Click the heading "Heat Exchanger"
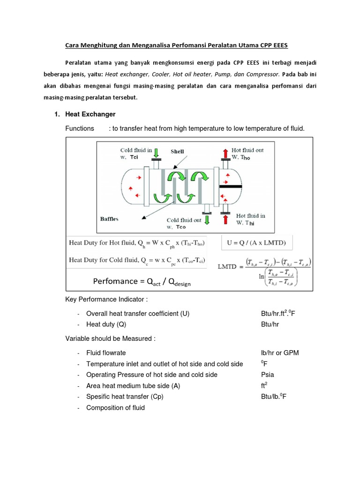pos(90,114)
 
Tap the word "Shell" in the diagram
pos(177,151)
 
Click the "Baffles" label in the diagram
pos(109,218)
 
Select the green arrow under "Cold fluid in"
pos(157,152)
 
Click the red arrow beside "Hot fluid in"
pos(225,221)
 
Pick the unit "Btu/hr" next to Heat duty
pos(270,324)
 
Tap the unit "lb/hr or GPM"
pos(280,352)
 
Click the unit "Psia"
pos(268,375)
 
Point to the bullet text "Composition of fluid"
pos(115,408)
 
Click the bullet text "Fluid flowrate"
pos(106,352)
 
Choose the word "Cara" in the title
pos(71,45)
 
